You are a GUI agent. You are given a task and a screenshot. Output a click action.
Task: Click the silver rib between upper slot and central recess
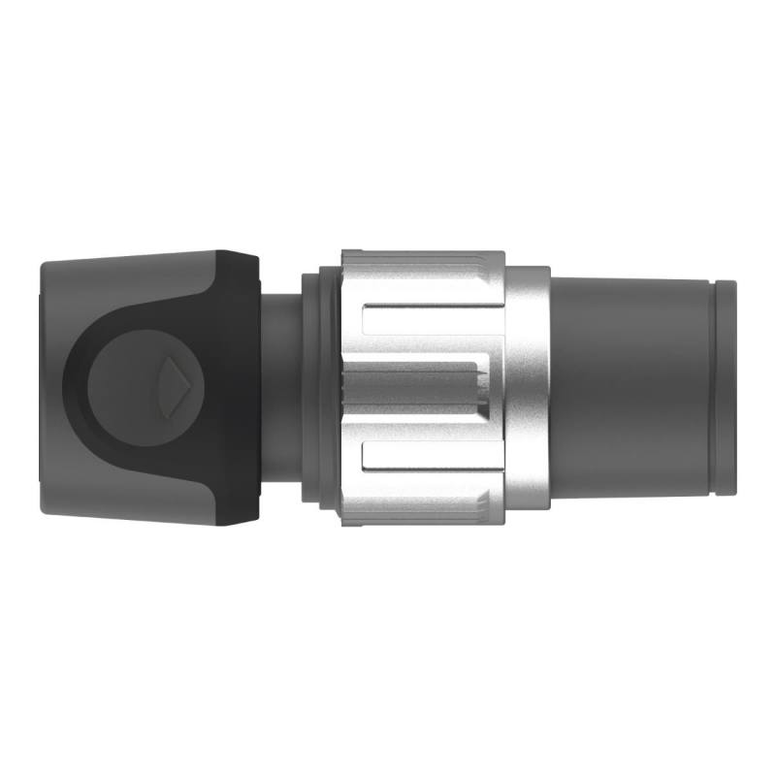click(x=427, y=347)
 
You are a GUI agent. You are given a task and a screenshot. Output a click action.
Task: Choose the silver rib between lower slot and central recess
click(x=427, y=427)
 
